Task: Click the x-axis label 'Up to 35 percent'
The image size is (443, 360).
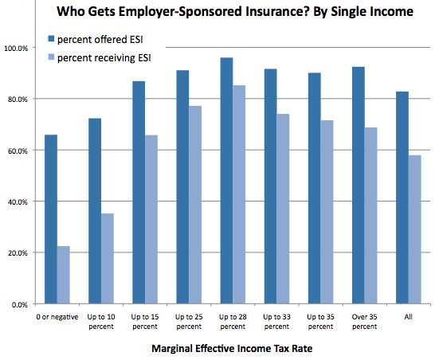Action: click(x=320, y=321)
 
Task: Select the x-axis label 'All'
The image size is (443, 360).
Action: click(x=408, y=316)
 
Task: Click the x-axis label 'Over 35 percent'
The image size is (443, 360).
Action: click(x=364, y=321)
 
